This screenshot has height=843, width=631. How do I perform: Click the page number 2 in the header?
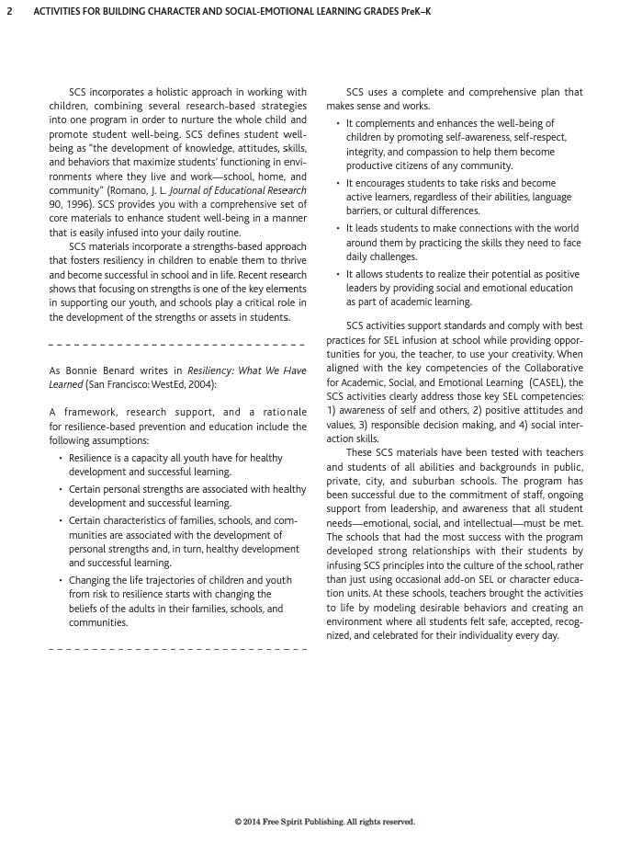[8, 12]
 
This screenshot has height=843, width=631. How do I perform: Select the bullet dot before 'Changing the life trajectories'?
[60, 581]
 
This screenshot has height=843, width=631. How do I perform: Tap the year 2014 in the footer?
[256, 822]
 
